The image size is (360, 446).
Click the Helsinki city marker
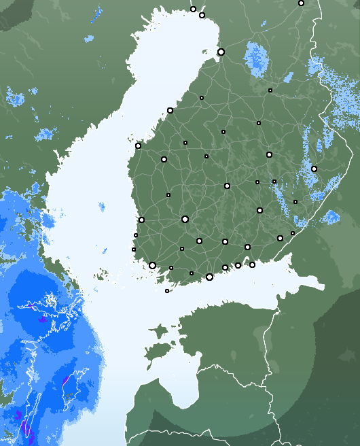point(209,277)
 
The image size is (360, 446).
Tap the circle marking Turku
point(152,265)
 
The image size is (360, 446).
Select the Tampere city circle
point(185,219)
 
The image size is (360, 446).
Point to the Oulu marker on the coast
point(221,52)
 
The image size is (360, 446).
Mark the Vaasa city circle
point(138,145)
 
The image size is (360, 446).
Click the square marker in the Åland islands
point(167,291)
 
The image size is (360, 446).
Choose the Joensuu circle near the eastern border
point(314,169)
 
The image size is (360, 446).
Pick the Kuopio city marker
point(269,154)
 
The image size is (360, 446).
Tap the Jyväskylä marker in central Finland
point(227,186)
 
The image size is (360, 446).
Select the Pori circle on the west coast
point(141,220)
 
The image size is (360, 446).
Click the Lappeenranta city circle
point(280,238)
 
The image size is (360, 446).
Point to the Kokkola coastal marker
point(170,110)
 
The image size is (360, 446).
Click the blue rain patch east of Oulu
point(257,57)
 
